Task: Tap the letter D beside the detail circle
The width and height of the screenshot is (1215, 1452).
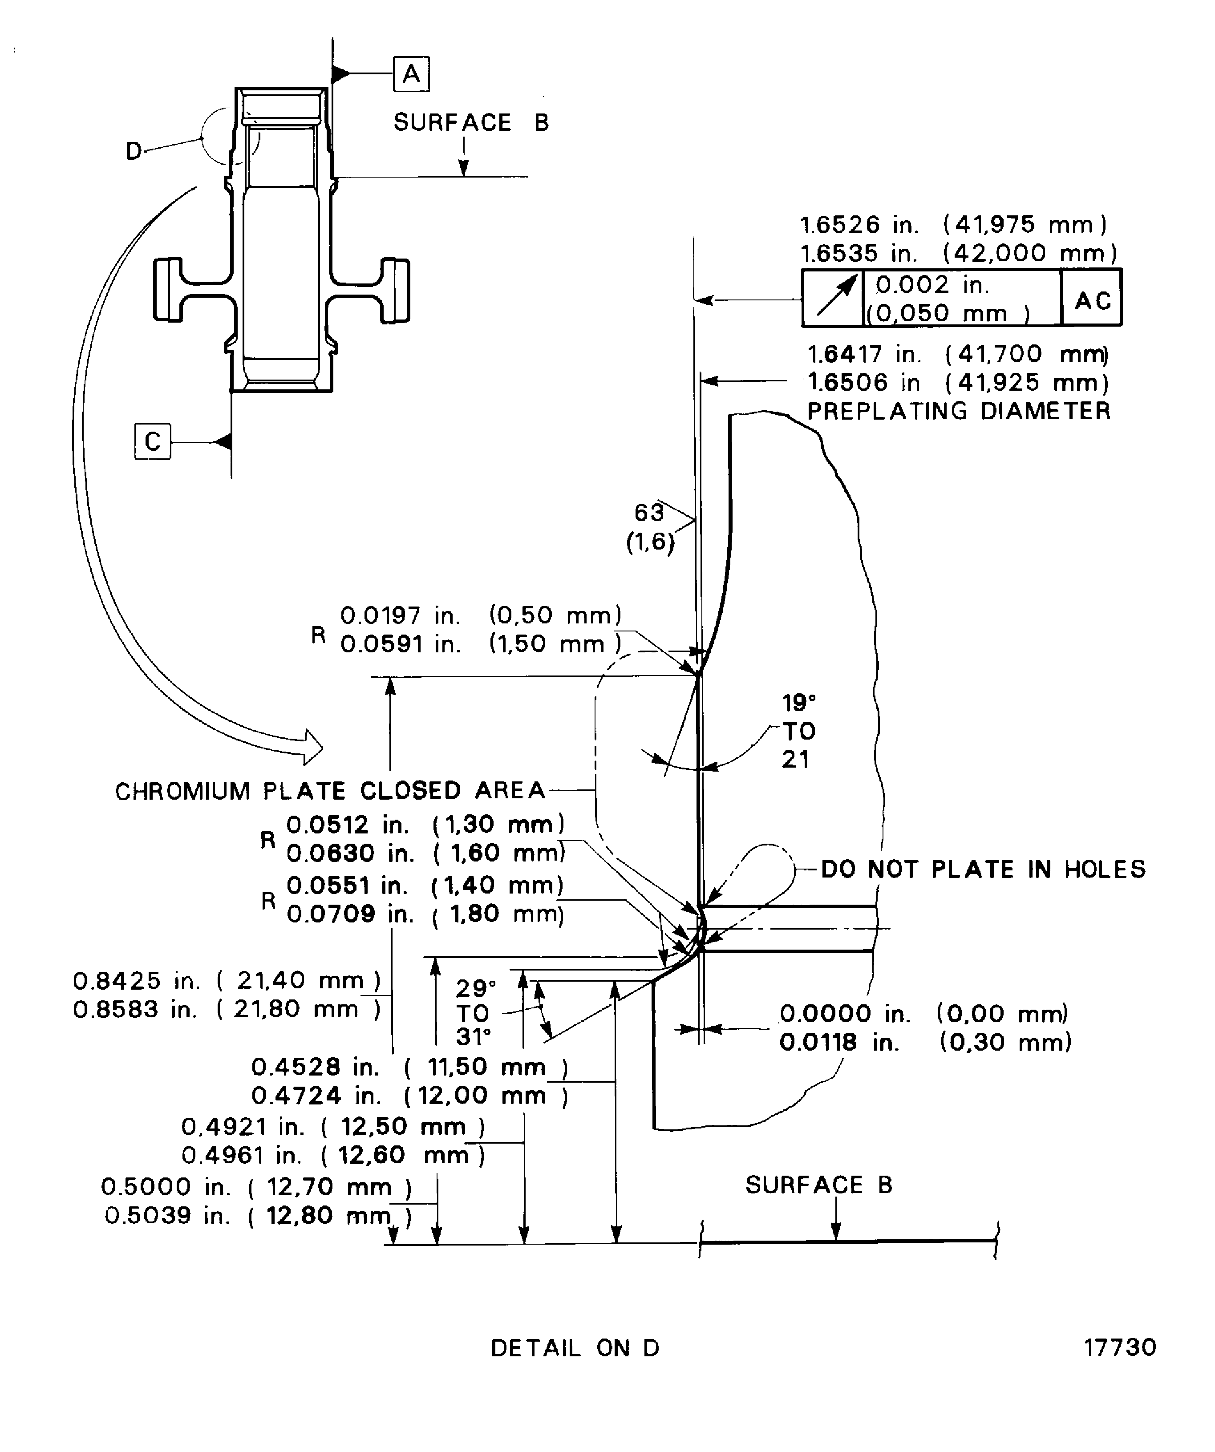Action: click(x=134, y=151)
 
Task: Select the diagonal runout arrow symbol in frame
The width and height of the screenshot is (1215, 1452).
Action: click(x=834, y=297)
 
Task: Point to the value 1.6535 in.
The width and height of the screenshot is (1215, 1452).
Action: click(x=859, y=253)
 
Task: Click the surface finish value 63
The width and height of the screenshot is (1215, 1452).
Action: click(x=648, y=512)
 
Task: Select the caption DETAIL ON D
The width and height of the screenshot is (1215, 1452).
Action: click(x=575, y=1348)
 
